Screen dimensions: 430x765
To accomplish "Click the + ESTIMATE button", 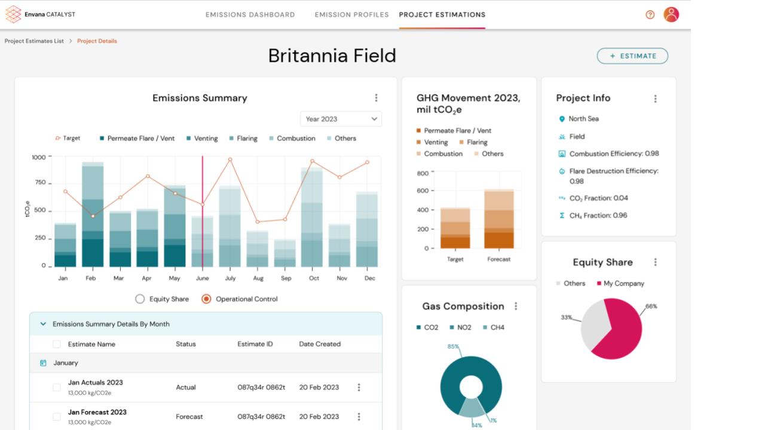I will (x=632, y=56).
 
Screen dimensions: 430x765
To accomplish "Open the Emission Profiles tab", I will (x=351, y=15).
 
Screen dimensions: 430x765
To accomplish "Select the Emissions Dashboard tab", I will (x=250, y=15).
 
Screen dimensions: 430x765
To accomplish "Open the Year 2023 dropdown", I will (x=341, y=119).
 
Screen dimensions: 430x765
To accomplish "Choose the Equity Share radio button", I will (x=140, y=299).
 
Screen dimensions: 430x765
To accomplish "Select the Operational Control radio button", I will (x=206, y=299).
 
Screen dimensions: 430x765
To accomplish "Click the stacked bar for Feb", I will (x=93, y=215).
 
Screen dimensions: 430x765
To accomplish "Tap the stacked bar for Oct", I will (x=311, y=218).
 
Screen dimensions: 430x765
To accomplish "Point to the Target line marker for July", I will (x=230, y=159).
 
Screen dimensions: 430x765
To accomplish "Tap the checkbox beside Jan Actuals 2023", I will (x=57, y=388).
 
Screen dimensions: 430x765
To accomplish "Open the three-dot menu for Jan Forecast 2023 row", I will (x=359, y=417).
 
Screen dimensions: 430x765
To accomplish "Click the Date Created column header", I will (x=320, y=344).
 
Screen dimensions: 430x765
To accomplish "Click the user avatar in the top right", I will (x=671, y=15).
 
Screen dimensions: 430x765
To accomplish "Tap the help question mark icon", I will (x=650, y=15).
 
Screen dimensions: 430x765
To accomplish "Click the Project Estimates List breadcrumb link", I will (x=34, y=41).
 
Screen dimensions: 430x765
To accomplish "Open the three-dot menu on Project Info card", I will (x=656, y=99).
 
